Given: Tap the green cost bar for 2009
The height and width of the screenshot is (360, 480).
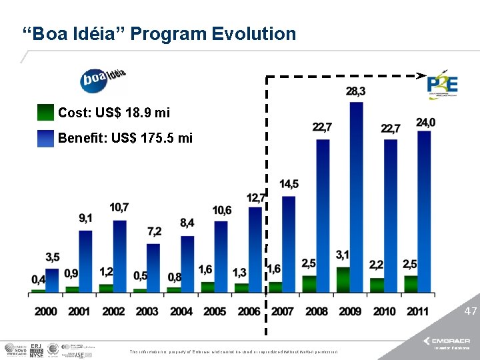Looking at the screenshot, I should (343, 279).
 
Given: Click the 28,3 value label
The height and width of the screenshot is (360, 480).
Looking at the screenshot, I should (355, 91).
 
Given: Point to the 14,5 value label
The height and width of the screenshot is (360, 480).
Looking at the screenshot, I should (289, 184).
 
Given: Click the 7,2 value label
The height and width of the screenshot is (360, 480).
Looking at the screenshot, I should (154, 231).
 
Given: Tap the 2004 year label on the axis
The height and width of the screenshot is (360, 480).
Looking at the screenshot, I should (181, 311).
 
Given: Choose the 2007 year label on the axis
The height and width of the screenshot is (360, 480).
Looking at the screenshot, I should (283, 311).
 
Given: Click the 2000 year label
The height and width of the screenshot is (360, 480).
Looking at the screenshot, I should (45, 311).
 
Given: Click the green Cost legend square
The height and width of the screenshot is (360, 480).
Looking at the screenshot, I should (46, 113).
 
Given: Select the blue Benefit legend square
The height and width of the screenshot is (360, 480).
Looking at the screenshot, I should (46, 138).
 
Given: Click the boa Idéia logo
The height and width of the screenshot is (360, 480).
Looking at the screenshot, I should (104, 80).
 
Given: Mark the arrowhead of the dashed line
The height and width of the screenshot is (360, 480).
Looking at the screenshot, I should (421, 75).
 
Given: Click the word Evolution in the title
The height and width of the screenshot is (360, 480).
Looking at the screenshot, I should (253, 33).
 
